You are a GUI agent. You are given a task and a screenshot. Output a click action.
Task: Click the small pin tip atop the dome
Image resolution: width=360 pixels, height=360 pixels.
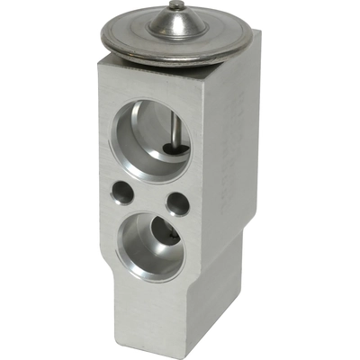176,7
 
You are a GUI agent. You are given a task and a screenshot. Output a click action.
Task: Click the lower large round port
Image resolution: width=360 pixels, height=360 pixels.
149,245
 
